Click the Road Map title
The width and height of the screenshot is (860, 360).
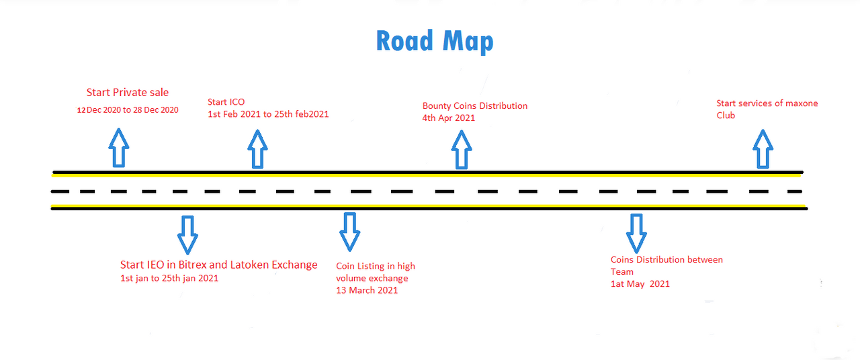tap(435, 41)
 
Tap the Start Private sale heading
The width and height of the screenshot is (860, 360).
tap(128, 92)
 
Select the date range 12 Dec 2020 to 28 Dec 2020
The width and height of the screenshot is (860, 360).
tap(128, 109)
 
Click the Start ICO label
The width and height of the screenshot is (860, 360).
tap(226, 102)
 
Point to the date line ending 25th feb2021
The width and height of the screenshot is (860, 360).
tap(268, 114)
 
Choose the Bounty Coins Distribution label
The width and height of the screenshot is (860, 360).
tap(474, 105)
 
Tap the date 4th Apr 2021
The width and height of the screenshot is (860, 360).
tap(449, 118)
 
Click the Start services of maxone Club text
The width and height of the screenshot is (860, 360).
tap(767, 109)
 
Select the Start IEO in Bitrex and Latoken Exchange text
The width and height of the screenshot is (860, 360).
tap(218, 265)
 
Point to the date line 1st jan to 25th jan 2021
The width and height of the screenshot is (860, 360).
tap(169, 278)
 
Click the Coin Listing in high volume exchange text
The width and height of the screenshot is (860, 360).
tap(376, 272)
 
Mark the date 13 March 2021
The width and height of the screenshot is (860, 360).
tap(367, 290)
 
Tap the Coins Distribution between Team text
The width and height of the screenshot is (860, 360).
tap(666, 265)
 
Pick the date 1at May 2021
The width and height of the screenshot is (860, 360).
tap(640, 284)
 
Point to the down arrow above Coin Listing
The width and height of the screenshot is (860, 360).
tap(349, 231)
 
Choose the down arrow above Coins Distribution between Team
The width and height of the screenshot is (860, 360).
tap(636, 232)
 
